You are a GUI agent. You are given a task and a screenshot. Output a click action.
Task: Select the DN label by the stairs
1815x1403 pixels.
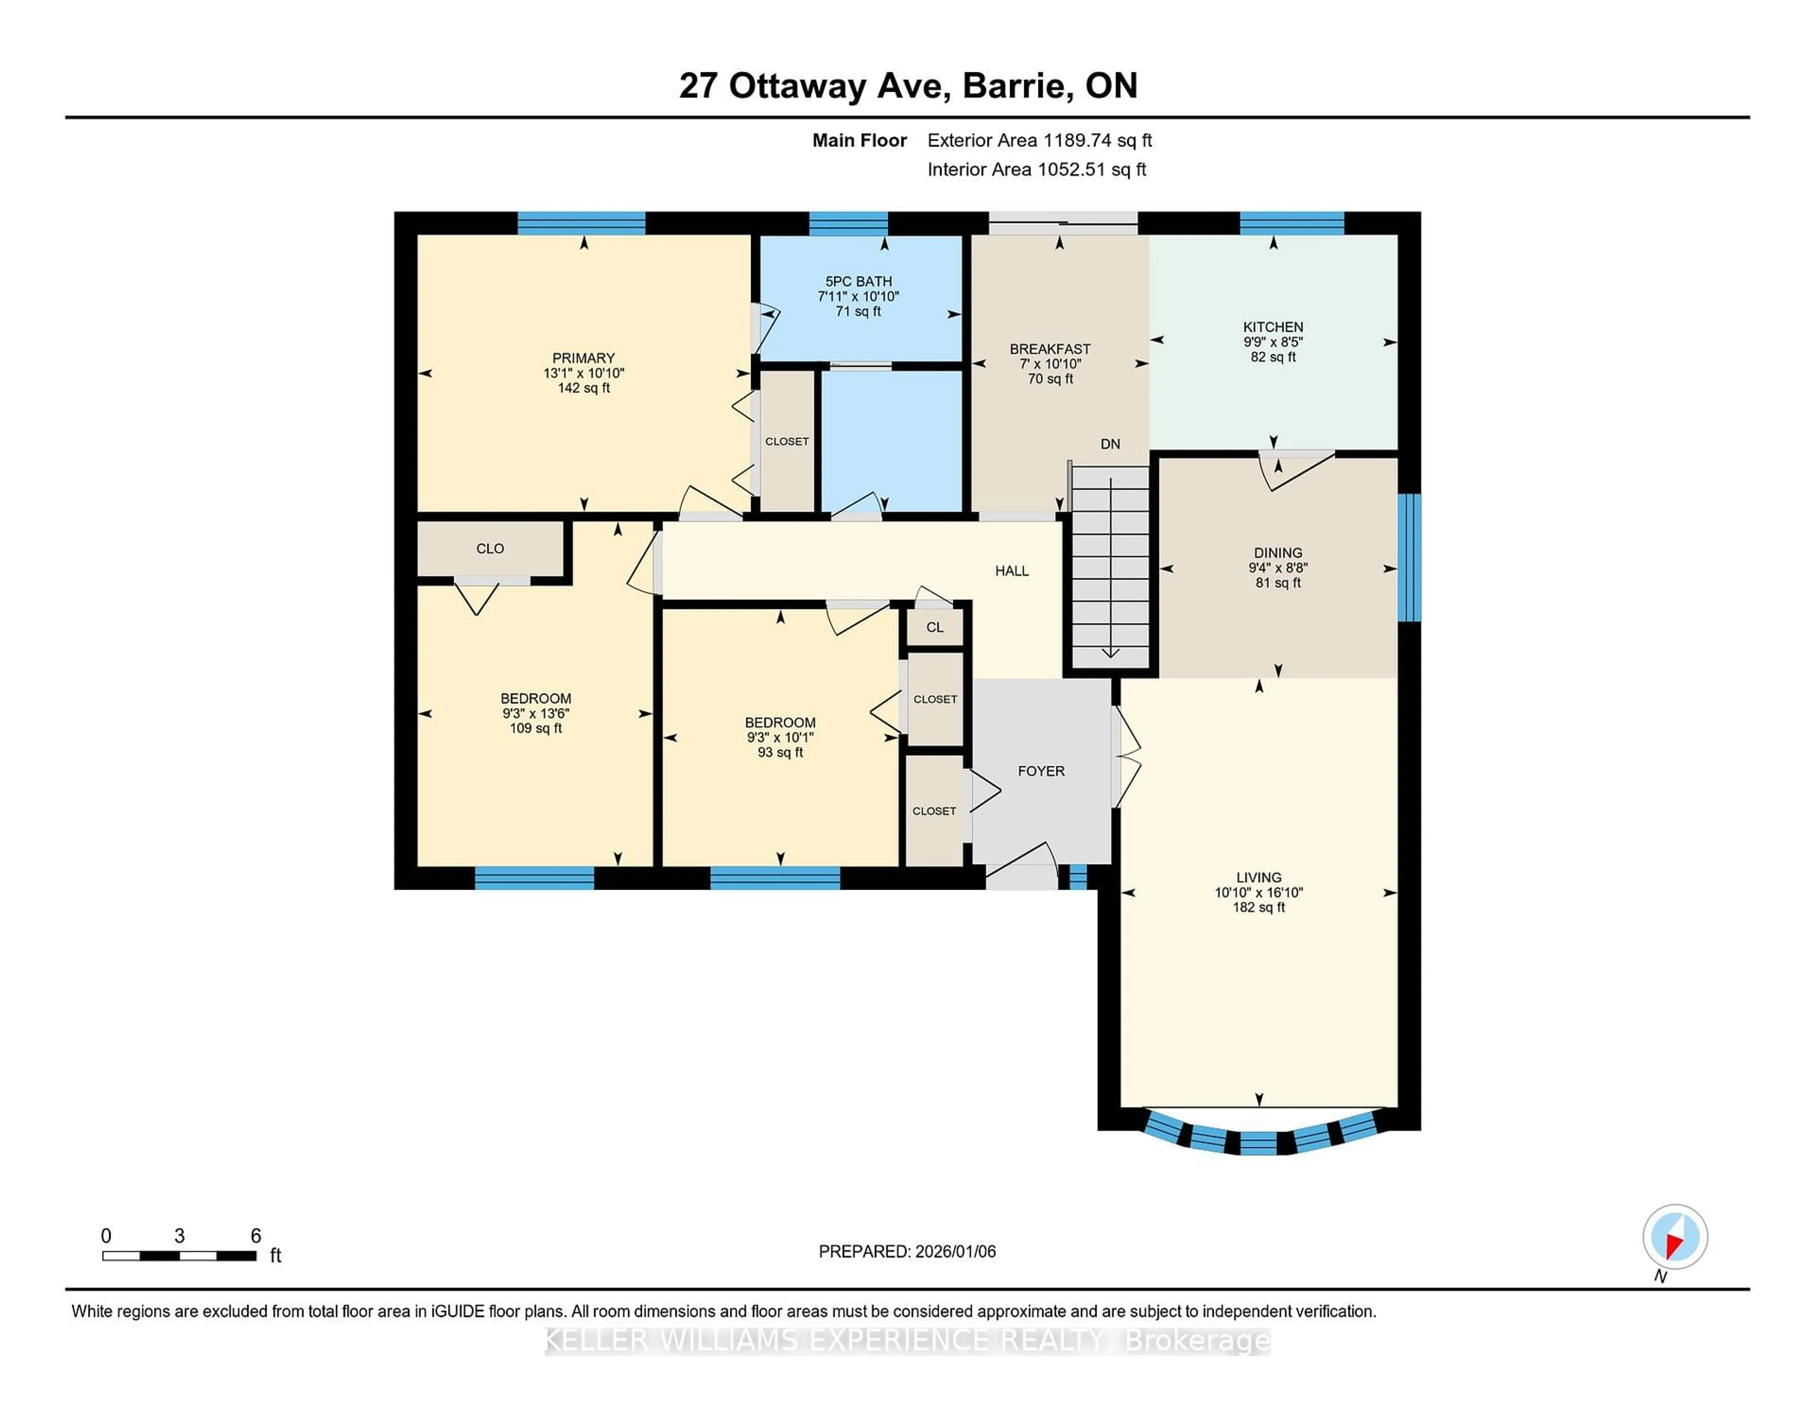tap(1110, 444)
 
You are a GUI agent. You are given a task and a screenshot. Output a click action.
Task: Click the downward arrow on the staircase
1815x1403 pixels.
tap(1110, 652)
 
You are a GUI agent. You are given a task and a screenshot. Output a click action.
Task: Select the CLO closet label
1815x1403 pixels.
tap(490, 548)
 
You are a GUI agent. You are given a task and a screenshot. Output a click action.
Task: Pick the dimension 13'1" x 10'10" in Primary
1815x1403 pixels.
tap(583, 373)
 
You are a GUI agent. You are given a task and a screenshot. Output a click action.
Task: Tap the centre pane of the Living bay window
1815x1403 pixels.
tap(1258, 1143)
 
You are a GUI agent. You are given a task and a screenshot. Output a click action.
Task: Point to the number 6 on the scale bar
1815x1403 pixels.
tap(256, 1236)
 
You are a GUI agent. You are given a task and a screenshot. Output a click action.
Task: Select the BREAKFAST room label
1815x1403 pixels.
tap(1050, 349)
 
